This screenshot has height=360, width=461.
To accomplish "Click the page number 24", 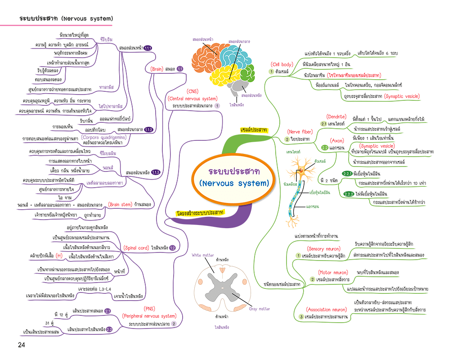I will coord(21,345).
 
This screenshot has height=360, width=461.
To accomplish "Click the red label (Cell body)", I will coord(282,64).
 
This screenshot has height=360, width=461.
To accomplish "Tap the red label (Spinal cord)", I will coord(136,248).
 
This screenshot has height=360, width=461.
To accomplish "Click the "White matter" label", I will coord(203,255).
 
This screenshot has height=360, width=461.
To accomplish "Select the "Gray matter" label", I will coord(260,309).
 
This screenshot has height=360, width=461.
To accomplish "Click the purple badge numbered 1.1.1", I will coord(148,48).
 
